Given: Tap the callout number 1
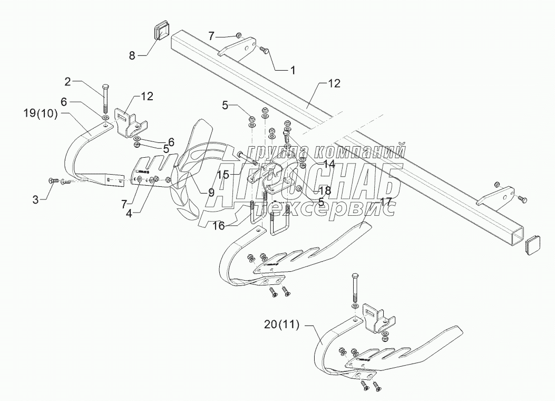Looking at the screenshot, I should (x=293, y=69).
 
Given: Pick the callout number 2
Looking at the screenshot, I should (x=68, y=82).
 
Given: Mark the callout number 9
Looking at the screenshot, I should (x=211, y=193).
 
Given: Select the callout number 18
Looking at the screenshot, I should (x=325, y=190).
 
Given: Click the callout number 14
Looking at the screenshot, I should (x=328, y=164).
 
